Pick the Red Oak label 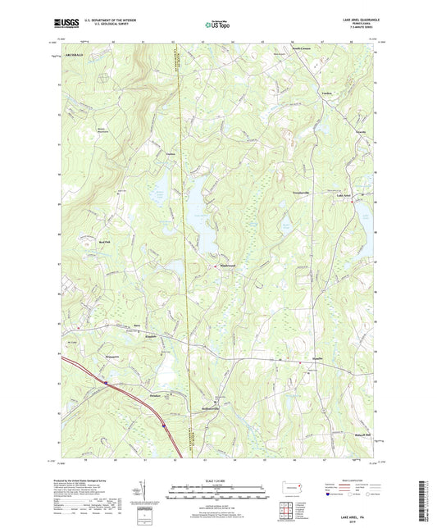(x=103, y=243)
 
